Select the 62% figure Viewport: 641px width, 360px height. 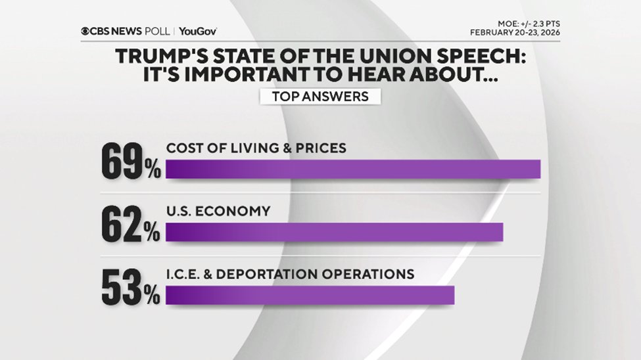pyautogui.click(x=130, y=225)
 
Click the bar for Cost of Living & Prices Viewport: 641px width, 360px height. pyautogui.click(x=352, y=169)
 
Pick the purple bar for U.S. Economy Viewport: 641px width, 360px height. pyautogui.click(x=334, y=233)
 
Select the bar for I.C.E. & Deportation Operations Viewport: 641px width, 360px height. pyautogui.click(x=310, y=295)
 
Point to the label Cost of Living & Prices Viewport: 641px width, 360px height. pyautogui.click(x=256, y=148)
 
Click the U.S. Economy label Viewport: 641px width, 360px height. pyautogui.click(x=218, y=211)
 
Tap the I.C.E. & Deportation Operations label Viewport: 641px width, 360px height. pyautogui.click(x=290, y=274)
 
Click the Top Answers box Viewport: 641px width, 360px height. pyautogui.click(x=320, y=96)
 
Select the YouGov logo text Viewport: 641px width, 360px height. pyautogui.click(x=198, y=32)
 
